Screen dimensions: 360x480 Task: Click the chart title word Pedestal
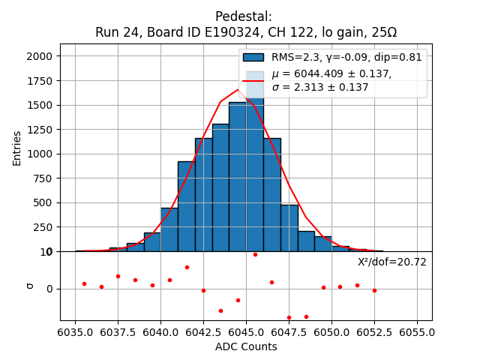pos(244,16)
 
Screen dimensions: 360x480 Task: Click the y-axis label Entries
pos(17,148)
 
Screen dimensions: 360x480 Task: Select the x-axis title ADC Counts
pos(246,346)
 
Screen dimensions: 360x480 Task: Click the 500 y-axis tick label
pos(44,202)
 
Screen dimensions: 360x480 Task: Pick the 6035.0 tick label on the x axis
pos(75,331)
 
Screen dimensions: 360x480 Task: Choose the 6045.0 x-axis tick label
pos(246,331)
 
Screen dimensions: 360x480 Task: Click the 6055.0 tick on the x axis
pos(417,331)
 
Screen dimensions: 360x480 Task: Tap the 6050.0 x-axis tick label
pos(331,331)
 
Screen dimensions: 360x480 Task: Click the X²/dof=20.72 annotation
pos(391,262)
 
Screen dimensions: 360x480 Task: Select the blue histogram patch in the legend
pos(253,57)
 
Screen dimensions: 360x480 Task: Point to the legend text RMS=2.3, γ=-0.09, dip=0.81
pos(346,57)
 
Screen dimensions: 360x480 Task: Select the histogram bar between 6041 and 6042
pos(186,206)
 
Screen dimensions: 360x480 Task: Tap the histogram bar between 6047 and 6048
pos(289,228)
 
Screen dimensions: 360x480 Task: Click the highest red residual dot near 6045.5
pos(255,254)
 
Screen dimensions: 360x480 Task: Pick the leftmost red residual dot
pos(84,283)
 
